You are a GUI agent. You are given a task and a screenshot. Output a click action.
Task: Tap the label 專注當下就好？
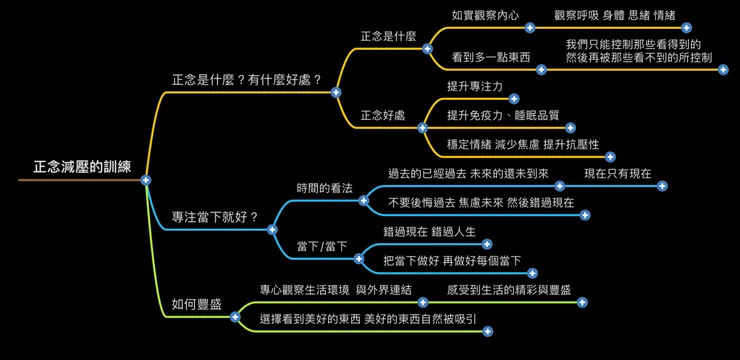215,216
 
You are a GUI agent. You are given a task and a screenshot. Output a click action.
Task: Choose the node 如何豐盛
197,303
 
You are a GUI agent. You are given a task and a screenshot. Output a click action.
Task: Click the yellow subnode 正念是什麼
388,36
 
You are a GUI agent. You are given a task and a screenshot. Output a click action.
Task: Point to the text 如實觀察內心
485,15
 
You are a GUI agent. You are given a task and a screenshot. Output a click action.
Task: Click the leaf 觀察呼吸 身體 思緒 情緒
614,15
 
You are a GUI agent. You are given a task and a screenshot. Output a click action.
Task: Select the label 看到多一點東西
491,57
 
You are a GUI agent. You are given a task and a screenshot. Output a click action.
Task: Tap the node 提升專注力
475,86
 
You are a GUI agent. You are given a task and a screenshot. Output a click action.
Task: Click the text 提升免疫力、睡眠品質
503,115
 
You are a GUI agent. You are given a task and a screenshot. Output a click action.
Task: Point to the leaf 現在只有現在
617,173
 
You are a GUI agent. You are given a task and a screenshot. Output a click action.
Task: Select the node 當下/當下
322,246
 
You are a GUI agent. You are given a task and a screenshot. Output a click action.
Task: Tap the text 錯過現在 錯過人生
430,231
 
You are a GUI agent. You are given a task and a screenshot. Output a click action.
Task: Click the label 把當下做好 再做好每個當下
453,260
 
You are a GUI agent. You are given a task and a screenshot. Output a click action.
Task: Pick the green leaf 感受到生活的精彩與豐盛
509,289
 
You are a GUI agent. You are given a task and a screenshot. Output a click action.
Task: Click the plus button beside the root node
146,180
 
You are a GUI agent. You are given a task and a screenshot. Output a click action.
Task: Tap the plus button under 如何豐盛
235,317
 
